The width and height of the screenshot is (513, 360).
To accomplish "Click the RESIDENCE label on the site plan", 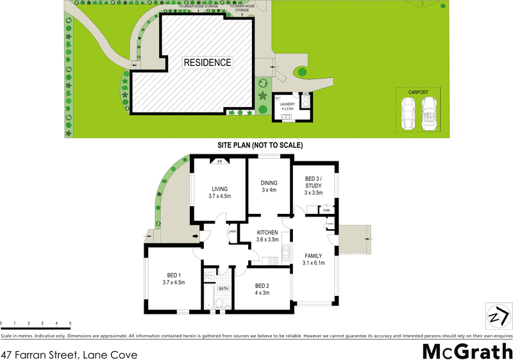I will tap(207, 63).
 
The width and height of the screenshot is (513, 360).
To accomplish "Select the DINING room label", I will tap(269, 186).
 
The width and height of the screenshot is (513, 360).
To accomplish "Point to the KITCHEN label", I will tap(267, 235).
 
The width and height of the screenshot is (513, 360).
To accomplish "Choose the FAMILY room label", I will tap(314, 259).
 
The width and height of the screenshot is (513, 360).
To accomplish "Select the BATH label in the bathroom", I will tap(223, 289).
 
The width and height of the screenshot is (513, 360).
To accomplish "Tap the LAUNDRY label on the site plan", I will tap(287, 105).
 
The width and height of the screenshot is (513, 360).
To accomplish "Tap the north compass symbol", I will tap(498, 316).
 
